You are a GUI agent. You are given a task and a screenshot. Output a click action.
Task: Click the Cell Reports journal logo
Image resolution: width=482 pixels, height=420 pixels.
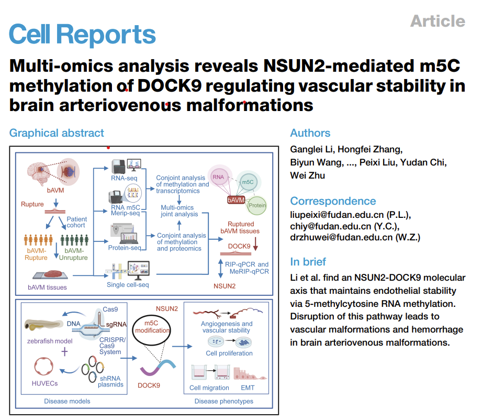pyautogui.click(x=82, y=35)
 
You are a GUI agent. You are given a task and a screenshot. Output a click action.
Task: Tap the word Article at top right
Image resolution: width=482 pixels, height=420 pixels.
pyautogui.click(x=438, y=21)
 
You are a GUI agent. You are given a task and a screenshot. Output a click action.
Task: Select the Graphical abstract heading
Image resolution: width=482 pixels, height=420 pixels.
pyautogui.click(x=57, y=133)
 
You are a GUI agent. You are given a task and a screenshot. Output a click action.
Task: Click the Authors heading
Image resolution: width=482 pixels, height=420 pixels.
pyautogui.click(x=310, y=133)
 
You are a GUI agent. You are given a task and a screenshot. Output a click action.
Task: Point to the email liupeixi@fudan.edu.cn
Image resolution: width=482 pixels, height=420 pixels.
pyautogui.click(x=337, y=215)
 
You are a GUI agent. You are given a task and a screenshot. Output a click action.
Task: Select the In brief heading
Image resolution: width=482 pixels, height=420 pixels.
pyautogui.click(x=308, y=261)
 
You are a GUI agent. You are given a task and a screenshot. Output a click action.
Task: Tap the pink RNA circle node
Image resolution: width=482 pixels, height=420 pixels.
pyautogui.click(x=219, y=177)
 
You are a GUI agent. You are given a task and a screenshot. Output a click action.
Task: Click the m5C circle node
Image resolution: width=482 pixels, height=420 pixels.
pyautogui.click(x=248, y=182)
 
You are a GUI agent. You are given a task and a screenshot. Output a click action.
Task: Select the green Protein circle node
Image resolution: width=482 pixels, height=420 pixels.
pyautogui.click(x=256, y=205)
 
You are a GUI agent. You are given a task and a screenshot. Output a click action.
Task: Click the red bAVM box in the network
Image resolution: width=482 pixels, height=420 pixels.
pyautogui.click(x=236, y=200)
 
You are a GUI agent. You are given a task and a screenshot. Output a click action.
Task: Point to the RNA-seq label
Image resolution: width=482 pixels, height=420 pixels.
pyautogui.click(x=124, y=178)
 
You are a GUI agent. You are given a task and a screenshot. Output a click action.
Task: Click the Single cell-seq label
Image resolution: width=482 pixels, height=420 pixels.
pyautogui.click(x=128, y=284)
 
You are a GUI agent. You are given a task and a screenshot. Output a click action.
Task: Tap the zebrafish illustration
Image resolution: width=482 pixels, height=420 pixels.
pyautogui.click(x=43, y=325)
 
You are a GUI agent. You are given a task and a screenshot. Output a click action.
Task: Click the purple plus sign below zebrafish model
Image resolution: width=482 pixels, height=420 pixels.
pyautogui.click(x=64, y=351)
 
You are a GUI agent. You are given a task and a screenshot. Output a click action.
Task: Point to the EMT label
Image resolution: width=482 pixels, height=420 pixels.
pyautogui.click(x=248, y=388)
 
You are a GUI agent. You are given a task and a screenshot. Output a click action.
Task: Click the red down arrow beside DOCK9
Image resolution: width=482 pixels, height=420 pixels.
pyautogui.click(x=255, y=244)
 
